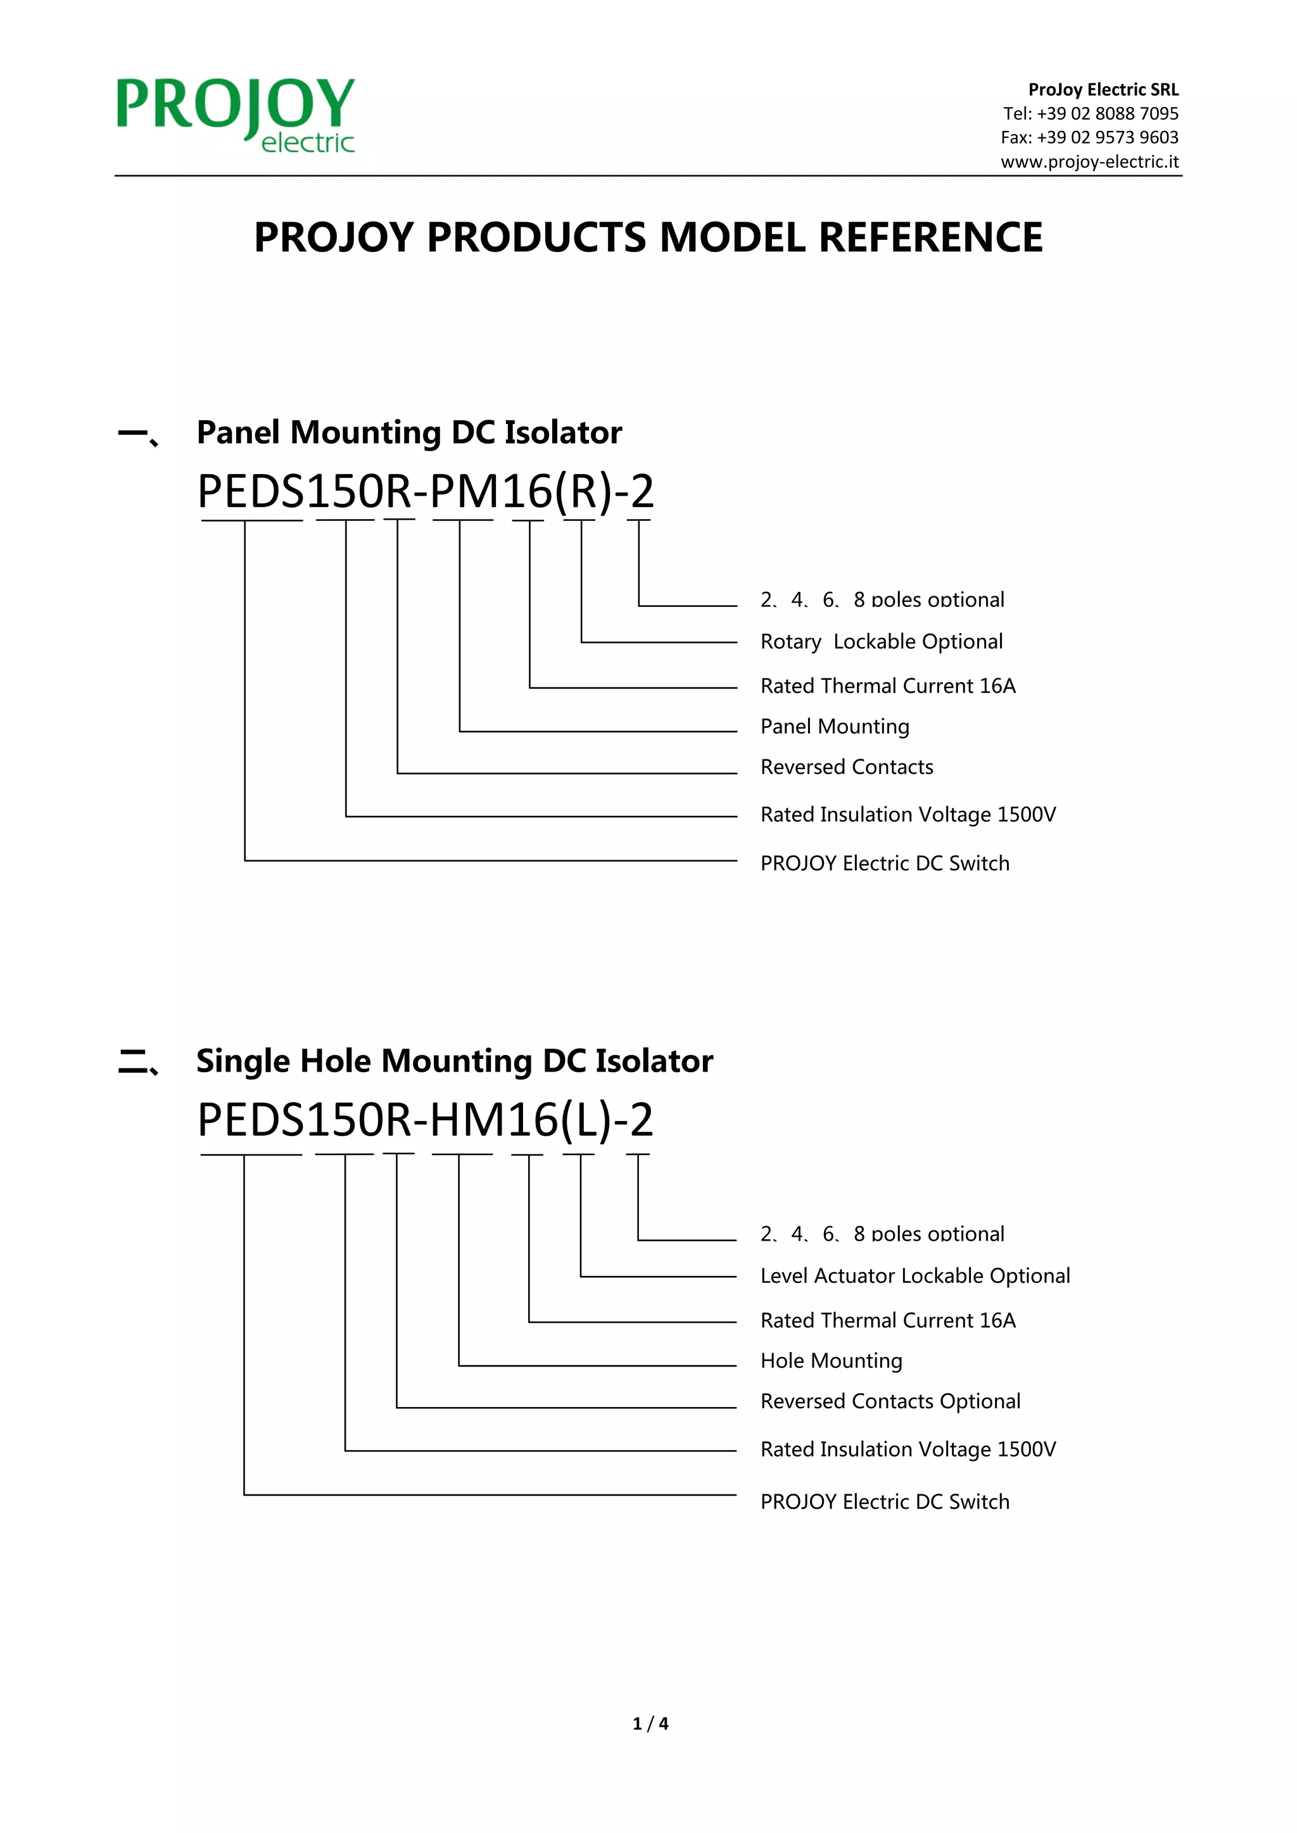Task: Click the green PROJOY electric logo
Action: pyautogui.click(x=236, y=113)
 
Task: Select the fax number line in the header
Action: pyautogui.click(x=1089, y=137)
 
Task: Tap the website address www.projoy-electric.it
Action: pyautogui.click(x=1089, y=162)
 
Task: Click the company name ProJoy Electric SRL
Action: pyautogui.click(x=1103, y=89)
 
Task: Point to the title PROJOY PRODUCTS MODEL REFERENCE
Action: pyautogui.click(x=648, y=237)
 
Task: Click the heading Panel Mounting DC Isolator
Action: pyautogui.click(x=409, y=432)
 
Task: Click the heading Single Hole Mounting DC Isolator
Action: pyautogui.click(x=455, y=1061)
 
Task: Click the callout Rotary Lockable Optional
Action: pyautogui.click(x=881, y=642)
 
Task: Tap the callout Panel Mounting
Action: pyautogui.click(x=835, y=727)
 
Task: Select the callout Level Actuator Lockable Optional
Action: pyautogui.click(x=914, y=1276)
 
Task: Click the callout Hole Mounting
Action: pyautogui.click(x=831, y=1360)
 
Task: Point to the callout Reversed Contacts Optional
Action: pyautogui.click(x=890, y=1401)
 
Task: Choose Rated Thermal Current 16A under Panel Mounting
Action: pyautogui.click(x=887, y=685)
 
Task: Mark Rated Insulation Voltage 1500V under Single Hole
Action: pyautogui.click(x=908, y=1449)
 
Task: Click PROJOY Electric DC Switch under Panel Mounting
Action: pyautogui.click(x=884, y=863)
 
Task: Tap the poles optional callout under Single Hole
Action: pyautogui.click(x=882, y=1234)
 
